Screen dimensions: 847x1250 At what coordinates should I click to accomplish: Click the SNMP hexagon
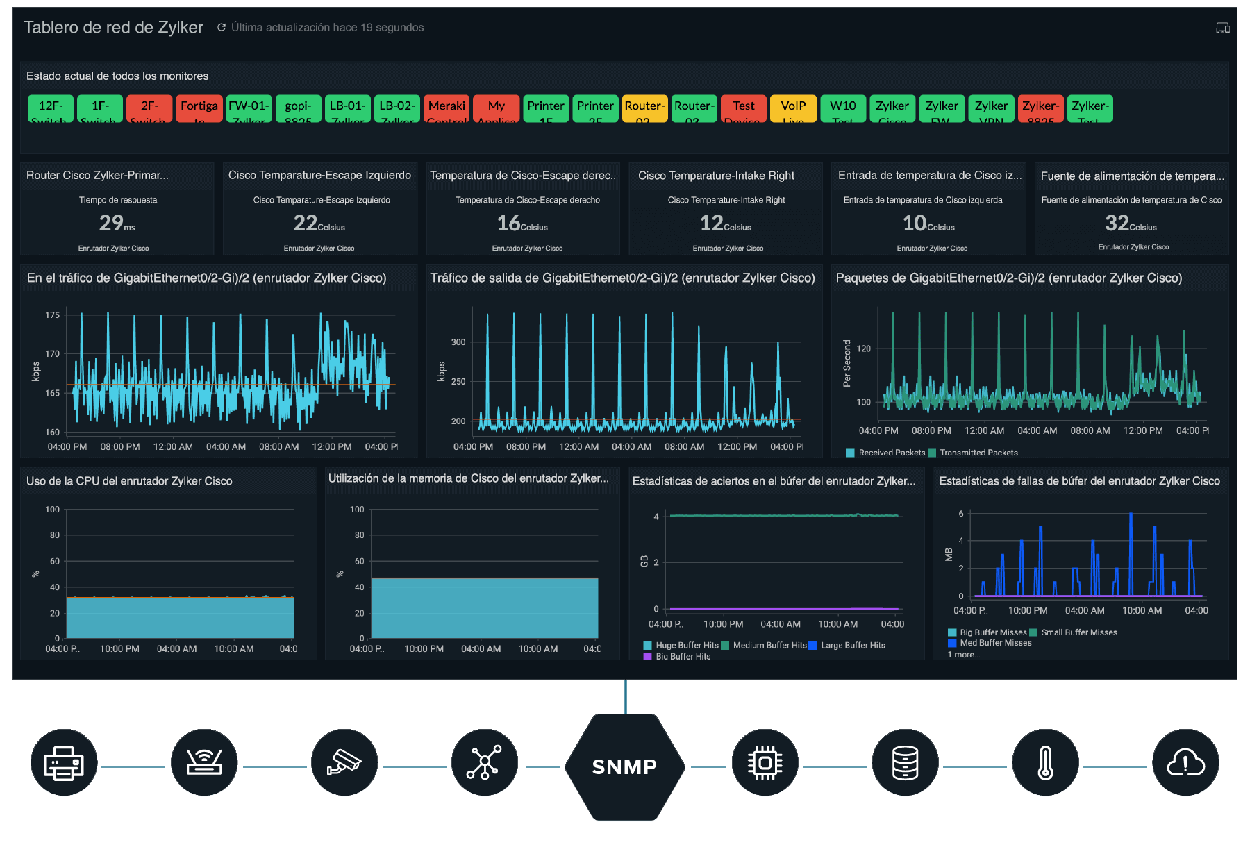(x=624, y=766)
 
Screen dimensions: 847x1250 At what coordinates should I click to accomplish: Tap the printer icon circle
(x=64, y=763)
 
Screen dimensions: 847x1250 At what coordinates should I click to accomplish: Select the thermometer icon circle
(x=1045, y=763)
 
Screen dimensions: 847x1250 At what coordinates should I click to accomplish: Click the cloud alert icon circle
(x=1185, y=763)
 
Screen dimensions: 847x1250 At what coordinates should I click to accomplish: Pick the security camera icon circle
(x=344, y=763)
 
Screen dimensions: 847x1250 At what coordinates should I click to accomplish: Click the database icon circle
(x=905, y=763)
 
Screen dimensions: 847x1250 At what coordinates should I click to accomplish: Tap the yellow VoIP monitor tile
(x=793, y=109)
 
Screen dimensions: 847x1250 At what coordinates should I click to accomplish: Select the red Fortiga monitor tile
(x=199, y=109)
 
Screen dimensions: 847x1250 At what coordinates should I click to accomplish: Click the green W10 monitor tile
(x=842, y=109)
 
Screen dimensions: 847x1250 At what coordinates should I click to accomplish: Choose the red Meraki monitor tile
(x=447, y=109)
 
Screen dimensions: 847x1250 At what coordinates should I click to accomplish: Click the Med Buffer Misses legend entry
(x=994, y=643)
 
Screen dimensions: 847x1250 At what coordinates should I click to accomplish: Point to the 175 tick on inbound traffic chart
(x=53, y=315)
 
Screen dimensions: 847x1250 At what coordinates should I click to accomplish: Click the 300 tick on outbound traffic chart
(x=458, y=342)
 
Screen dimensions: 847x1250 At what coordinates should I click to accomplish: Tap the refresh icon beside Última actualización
(x=222, y=28)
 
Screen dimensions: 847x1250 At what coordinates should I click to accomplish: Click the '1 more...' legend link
(x=964, y=655)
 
